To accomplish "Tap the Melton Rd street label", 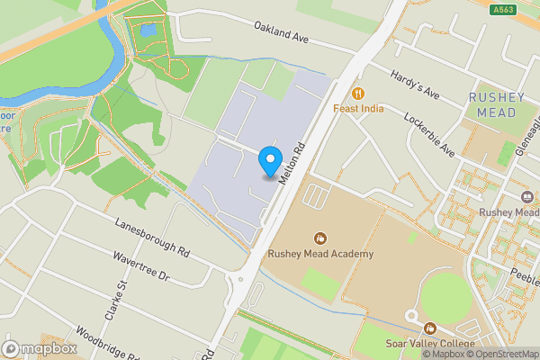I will (293, 163).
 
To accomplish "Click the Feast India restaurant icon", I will (358, 94).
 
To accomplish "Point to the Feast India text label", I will (358, 109).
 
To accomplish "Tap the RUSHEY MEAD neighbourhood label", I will (492, 104).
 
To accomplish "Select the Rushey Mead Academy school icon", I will (319, 238).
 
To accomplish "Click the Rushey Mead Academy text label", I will (319, 255).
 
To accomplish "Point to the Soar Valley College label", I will (429, 344).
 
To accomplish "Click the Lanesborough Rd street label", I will (151, 236).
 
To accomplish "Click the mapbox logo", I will (40, 348).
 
